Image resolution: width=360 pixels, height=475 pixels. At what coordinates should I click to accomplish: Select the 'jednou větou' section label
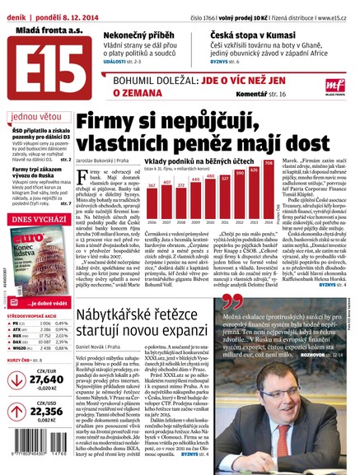pyautogui.click(x=31, y=117)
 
